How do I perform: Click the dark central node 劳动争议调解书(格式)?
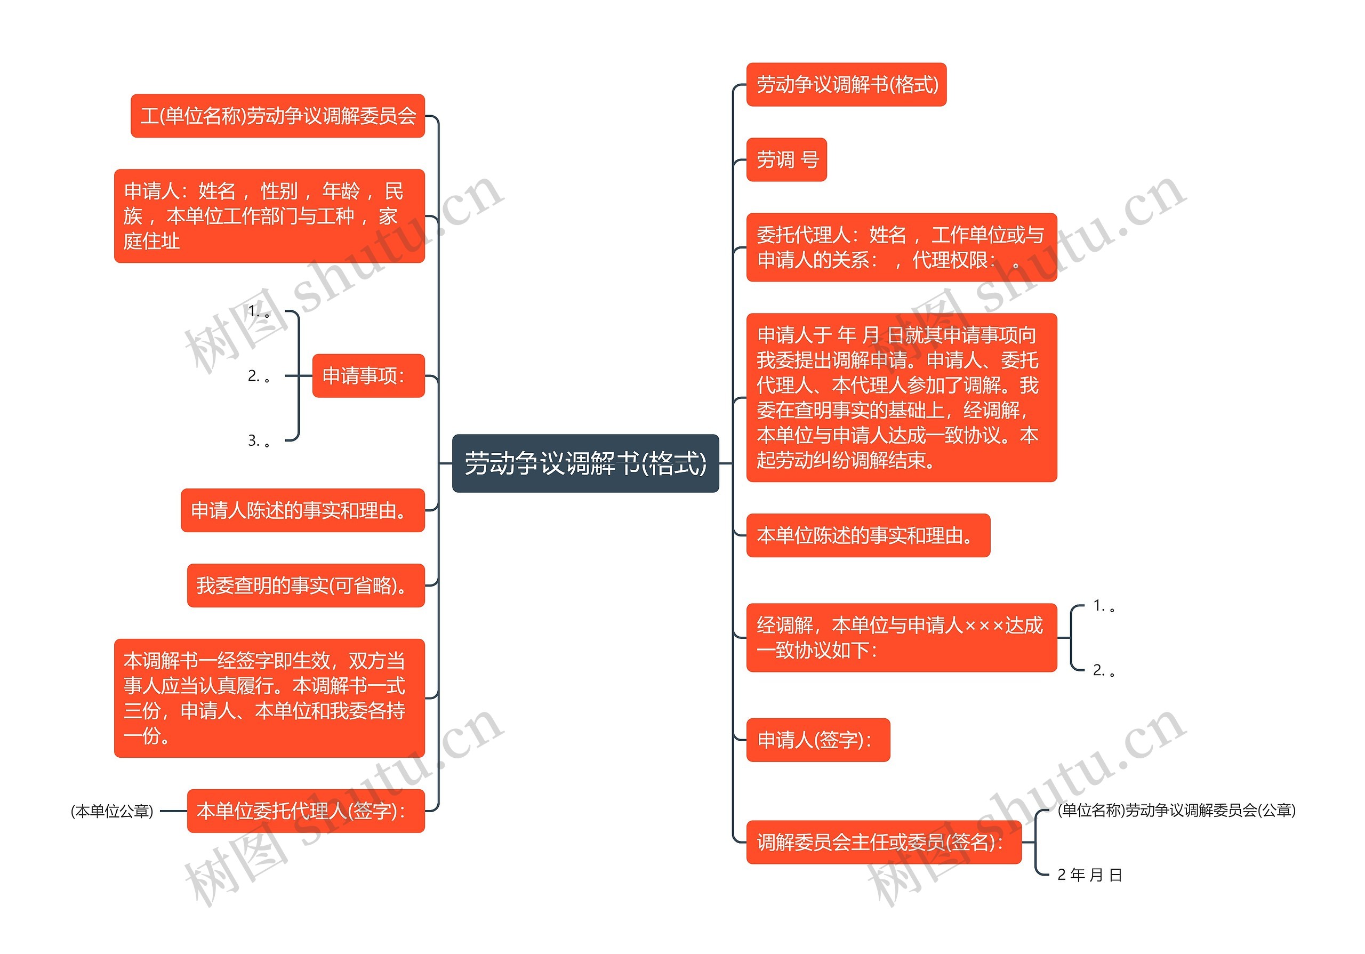tap(585, 463)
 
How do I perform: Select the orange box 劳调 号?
tap(786, 160)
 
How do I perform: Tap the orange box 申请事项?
tap(368, 375)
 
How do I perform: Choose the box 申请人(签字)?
tap(817, 740)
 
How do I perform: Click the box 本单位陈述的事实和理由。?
tap(868, 535)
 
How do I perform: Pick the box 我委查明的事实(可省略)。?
tap(306, 586)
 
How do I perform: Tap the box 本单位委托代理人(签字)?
tap(306, 811)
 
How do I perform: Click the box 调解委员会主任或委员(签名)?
tap(884, 842)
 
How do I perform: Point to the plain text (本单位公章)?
tap(112, 811)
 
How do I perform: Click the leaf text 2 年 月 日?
tap(1089, 875)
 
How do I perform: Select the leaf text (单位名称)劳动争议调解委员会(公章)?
tap(1176, 810)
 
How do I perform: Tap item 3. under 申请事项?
tap(259, 440)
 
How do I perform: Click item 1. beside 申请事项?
tap(259, 311)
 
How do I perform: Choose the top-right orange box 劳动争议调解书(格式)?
tap(846, 84)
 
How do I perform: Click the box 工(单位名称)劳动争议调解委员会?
tap(278, 116)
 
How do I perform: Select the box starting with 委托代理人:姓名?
tap(901, 247)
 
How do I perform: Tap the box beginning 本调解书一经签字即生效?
tap(269, 698)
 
